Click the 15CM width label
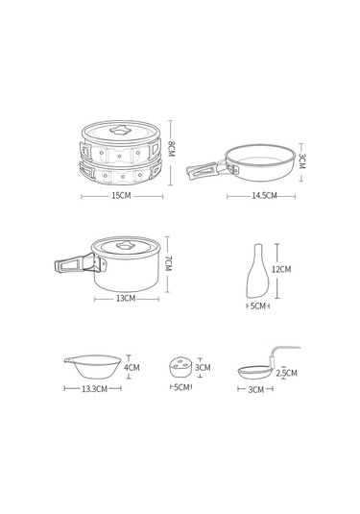tap(121, 196)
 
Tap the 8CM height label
tap(171, 149)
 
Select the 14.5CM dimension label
tap(264, 196)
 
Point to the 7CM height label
tap(168, 263)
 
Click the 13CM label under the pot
tap(126, 298)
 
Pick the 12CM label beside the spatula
tap(281, 269)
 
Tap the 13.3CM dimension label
tap(95, 389)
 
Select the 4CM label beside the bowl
tap(132, 367)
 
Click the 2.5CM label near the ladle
tap(286, 373)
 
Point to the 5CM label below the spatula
tap(258, 306)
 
